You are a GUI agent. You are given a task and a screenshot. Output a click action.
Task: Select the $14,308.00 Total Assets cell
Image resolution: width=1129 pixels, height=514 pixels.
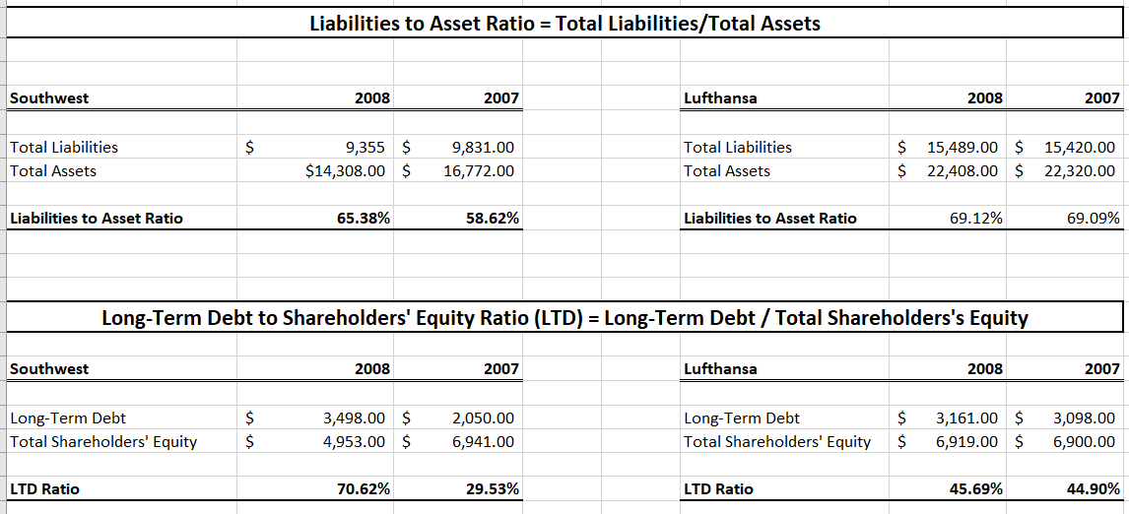[348, 171]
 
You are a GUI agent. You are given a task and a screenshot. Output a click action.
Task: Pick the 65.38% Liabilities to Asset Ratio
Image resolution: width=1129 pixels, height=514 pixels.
[364, 219]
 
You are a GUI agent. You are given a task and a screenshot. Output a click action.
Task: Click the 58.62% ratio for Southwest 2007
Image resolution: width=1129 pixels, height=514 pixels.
[493, 219]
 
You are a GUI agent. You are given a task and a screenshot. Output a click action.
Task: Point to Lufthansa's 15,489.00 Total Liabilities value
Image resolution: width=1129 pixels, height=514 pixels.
[963, 148]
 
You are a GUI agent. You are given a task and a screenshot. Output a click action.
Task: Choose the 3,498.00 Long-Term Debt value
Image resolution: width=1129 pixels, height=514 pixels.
[355, 418]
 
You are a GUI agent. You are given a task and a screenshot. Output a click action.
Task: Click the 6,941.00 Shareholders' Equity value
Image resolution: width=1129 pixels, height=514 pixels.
[483, 442]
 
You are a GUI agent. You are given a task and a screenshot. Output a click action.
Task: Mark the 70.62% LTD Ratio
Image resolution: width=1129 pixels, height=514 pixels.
[364, 489]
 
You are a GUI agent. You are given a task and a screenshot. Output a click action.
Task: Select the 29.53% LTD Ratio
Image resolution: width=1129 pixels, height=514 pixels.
[493, 489]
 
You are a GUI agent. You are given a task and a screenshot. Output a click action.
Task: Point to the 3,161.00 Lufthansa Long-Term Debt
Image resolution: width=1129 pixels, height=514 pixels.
[966, 418]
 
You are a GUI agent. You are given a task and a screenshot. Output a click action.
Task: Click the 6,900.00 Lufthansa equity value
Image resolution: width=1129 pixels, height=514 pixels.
[1083, 442]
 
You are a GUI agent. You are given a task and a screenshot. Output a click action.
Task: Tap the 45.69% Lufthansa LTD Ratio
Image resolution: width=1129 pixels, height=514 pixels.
[976, 489]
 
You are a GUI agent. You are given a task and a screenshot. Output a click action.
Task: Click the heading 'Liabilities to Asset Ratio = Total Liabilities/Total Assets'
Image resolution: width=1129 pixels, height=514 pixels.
[564, 24]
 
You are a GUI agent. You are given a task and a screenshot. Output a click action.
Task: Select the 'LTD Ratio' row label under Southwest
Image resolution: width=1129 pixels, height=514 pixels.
[44, 489]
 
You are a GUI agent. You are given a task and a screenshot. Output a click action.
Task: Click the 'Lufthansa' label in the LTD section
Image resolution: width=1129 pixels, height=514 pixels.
[720, 369]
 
